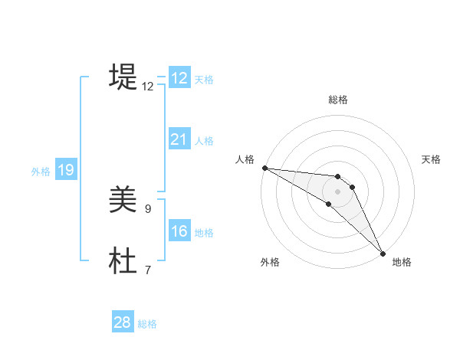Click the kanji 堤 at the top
point(123,77)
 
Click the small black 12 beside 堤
point(148,87)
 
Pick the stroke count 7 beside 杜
point(148,270)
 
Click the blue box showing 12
point(179,78)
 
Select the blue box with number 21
point(179,139)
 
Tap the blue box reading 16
point(179,231)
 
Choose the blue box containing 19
point(66,170)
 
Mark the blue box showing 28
point(123,322)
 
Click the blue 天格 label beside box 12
point(204,79)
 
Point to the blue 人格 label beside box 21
point(204,140)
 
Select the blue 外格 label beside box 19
point(41,172)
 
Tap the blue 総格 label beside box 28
point(147,324)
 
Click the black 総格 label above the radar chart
point(338,100)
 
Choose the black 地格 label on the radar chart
point(402,262)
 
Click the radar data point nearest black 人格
point(264,168)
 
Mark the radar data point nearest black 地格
point(383,254)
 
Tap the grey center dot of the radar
point(338,191)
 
